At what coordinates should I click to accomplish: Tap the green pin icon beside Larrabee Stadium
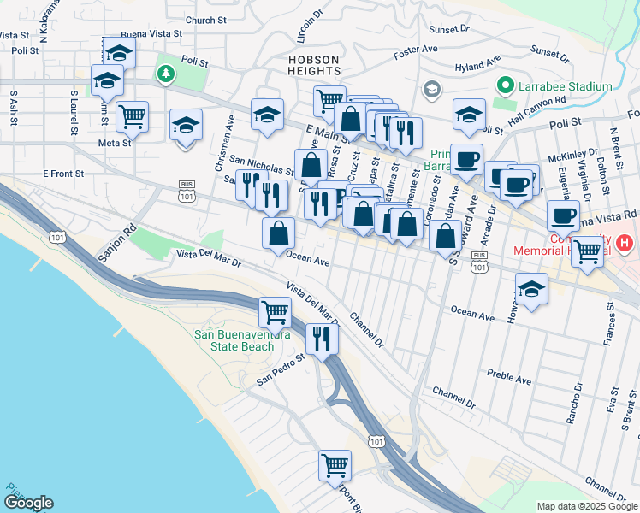click(x=506, y=86)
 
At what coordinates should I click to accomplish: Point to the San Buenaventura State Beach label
click(x=246, y=340)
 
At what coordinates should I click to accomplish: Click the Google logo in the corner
click(x=27, y=503)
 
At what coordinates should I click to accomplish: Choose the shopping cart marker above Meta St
click(x=132, y=115)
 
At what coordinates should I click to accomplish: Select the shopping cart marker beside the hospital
click(x=587, y=251)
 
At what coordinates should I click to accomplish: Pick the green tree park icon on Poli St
click(x=164, y=74)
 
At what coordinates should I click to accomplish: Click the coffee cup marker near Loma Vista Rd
click(x=562, y=215)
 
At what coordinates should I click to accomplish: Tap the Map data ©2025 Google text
click(x=587, y=506)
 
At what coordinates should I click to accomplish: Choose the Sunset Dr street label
click(x=449, y=28)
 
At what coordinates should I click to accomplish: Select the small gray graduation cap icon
click(x=432, y=90)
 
